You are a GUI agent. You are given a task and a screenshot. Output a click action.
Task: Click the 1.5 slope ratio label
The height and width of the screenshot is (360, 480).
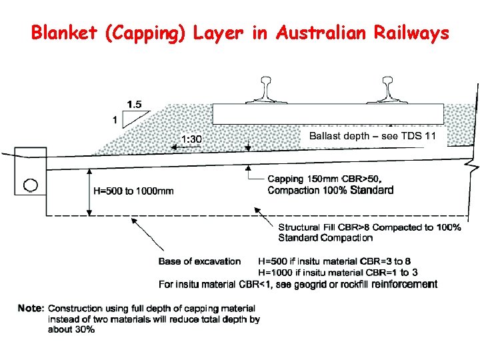coord(134,104)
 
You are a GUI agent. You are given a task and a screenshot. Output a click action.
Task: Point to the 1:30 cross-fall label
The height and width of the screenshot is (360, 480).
coord(192,139)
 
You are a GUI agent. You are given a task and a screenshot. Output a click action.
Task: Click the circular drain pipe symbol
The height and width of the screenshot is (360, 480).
coord(31,185)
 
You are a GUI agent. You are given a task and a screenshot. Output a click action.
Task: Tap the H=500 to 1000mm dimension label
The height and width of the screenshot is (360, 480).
coord(133,191)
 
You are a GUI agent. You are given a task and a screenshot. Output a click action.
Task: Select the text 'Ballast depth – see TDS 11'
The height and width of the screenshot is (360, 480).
coord(372,136)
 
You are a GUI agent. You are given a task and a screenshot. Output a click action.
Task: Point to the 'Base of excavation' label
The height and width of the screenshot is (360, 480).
coord(199,261)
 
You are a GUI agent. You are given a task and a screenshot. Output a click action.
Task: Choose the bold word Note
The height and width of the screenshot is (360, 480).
coord(31,309)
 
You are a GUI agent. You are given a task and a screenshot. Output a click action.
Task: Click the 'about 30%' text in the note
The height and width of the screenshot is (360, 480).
coord(71,330)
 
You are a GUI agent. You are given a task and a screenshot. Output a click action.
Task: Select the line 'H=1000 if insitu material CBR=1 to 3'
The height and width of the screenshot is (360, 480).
coord(338,272)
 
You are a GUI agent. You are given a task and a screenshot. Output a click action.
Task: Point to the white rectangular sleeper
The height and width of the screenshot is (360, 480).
coord(328,113)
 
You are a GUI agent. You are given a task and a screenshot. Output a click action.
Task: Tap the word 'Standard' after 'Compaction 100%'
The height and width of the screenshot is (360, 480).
coord(371,190)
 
